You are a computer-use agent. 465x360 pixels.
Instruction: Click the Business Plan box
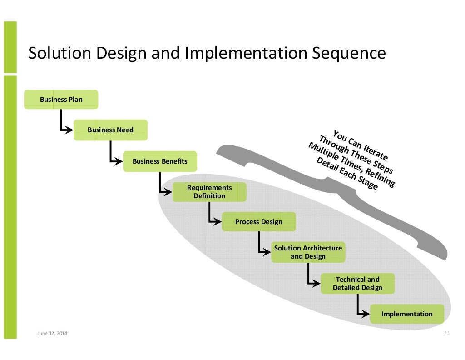pyautogui.click(x=61, y=100)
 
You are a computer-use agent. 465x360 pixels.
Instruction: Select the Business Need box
pyautogui.click(x=110, y=130)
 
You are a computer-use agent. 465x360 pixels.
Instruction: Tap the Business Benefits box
pyautogui.click(x=160, y=161)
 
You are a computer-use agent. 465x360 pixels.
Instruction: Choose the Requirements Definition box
pyautogui.click(x=209, y=192)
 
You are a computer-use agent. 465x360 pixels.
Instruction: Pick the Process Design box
pyautogui.click(x=259, y=222)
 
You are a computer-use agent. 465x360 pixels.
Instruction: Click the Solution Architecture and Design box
pyautogui.click(x=308, y=252)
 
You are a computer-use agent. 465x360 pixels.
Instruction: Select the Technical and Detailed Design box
pyautogui.click(x=357, y=284)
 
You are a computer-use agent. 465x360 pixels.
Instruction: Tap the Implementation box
pyautogui.click(x=407, y=314)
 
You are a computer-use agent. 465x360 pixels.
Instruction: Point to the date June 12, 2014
pyautogui.click(x=52, y=334)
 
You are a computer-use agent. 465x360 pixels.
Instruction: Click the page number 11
pyautogui.click(x=447, y=334)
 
